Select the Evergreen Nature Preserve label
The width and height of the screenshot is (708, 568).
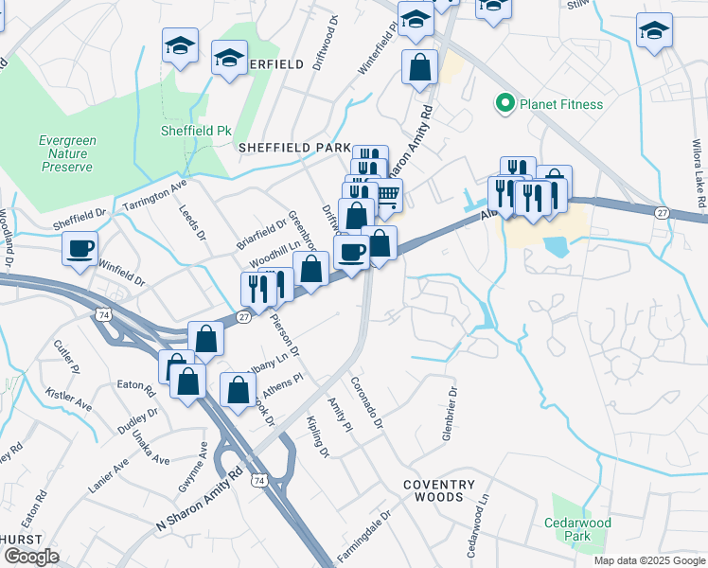[67, 153]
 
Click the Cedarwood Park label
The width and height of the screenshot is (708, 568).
[577, 529]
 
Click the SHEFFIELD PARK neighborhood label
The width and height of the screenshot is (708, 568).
[294, 149]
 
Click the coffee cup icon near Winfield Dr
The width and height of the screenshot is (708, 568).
[80, 248]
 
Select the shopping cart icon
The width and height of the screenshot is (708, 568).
[386, 195]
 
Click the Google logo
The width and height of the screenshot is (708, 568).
[30, 557]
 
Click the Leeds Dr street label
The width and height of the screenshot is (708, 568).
[192, 224]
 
